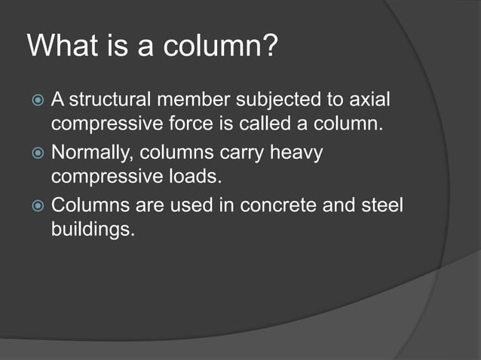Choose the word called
coord(283,122)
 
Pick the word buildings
coord(93,228)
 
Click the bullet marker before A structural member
coord(38,101)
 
